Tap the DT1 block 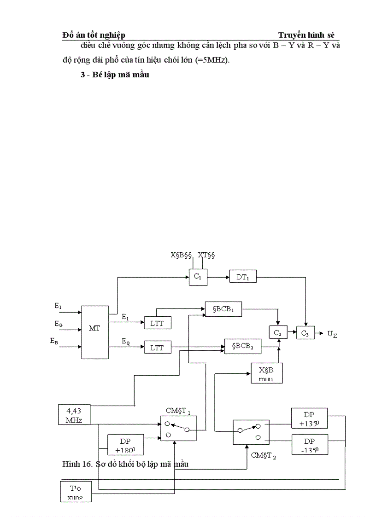[242, 277]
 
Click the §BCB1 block [223, 309]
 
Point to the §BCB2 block [243, 346]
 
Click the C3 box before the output [305, 333]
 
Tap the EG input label [59, 324]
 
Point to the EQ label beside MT [126, 341]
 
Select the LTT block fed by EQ [157, 347]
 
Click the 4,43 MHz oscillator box [74, 414]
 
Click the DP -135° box [309, 444]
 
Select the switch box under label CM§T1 [178, 429]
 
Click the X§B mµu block [266, 373]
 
